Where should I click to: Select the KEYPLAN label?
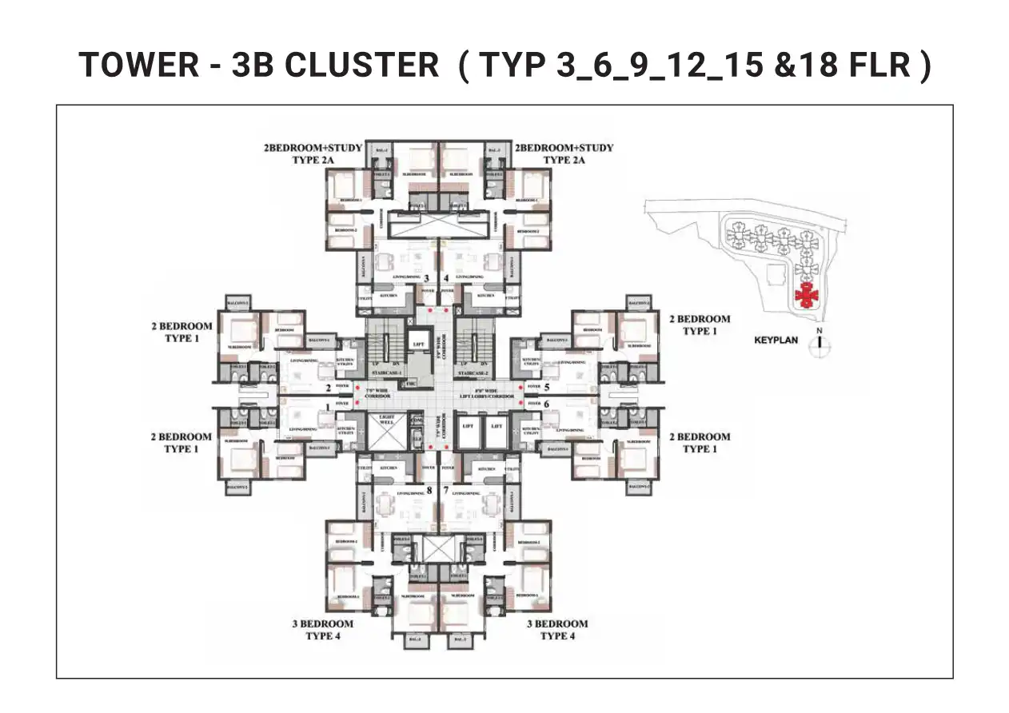(x=776, y=340)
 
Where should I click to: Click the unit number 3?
(x=426, y=278)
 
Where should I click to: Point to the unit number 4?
(x=446, y=278)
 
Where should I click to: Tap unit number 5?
(x=547, y=387)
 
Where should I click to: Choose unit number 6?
(x=547, y=404)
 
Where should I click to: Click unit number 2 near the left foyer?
(x=328, y=388)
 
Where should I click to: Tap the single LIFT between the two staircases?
(x=418, y=345)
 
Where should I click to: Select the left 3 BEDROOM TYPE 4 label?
(x=329, y=630)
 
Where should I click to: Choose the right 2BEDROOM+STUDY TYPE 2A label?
(x=564, y=153)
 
